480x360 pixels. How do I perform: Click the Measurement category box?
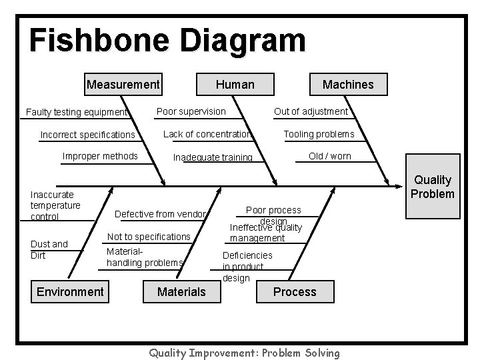123,85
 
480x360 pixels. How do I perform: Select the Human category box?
235,85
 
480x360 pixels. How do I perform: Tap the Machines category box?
348,85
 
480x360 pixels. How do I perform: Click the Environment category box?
70,291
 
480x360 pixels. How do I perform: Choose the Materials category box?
181,292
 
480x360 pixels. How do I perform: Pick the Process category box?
295,292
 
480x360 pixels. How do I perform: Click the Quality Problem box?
433,187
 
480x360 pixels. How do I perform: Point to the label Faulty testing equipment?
76,112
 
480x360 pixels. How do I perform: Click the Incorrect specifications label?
87,135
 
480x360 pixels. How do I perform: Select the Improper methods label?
100,157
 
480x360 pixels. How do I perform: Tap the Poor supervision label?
191,111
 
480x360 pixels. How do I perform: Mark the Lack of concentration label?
207,134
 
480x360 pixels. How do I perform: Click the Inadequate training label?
213,158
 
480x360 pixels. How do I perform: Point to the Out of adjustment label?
311,111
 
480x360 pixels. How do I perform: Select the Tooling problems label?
319,134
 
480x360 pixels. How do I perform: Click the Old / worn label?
329,157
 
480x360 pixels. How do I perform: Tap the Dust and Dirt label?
49,249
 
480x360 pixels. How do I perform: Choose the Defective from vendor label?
160,214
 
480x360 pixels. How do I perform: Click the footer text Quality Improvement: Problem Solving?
244,353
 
